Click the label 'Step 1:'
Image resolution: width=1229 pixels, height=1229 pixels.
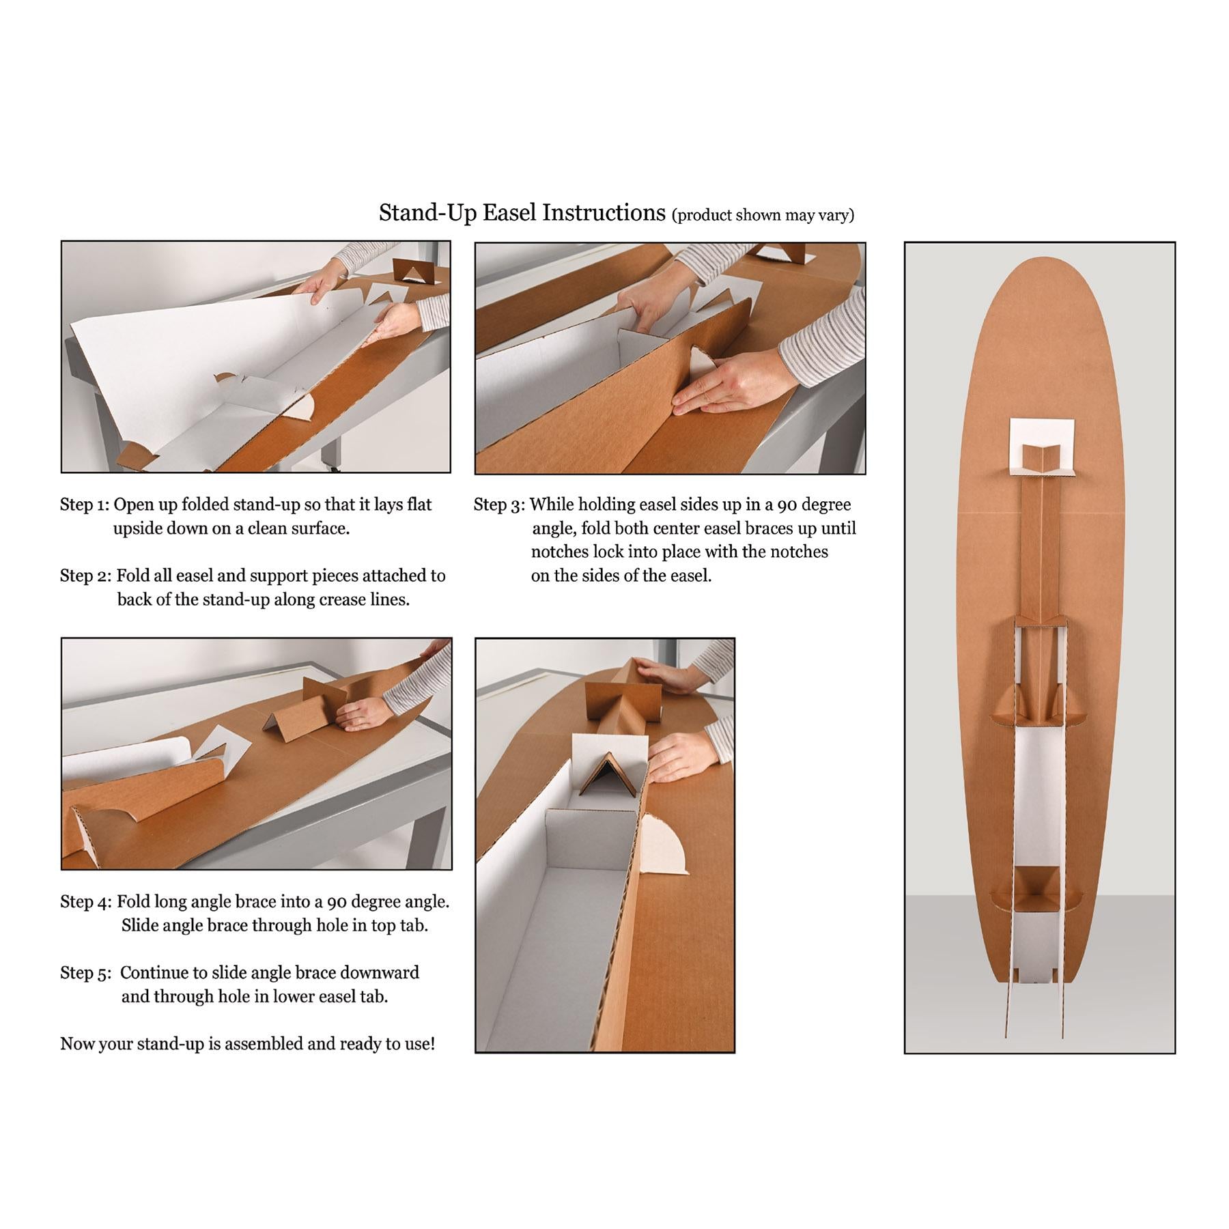[x=84, y=505]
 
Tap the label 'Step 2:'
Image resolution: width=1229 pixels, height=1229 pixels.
[x=85, y=576]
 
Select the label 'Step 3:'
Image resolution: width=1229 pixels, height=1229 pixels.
[x=499, y=505]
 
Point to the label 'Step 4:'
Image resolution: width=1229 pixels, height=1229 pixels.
[x=86, y=902]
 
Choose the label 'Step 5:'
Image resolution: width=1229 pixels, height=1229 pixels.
[x=85, y=972]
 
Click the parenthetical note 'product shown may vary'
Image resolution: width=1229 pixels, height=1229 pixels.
[x=763, y=216]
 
